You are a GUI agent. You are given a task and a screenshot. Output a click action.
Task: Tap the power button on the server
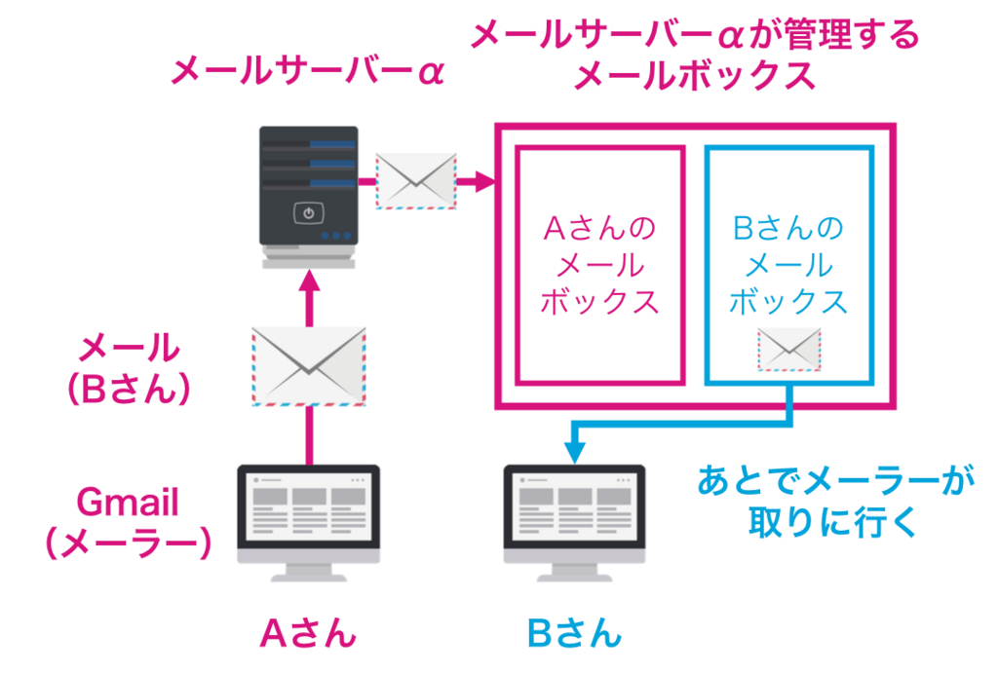click(x=308, y=212)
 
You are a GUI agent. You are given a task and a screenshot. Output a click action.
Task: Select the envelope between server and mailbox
click(x=416, y=181)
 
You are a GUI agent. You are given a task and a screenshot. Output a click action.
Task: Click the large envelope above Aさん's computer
click(x=308, y=366)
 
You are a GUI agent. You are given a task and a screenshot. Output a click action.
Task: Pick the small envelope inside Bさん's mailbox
click(x=789, y=350)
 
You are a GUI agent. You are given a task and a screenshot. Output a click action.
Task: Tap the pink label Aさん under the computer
click(x=308, y=634)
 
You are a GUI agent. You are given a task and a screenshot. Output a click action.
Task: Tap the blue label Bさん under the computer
click(x=574, y=634)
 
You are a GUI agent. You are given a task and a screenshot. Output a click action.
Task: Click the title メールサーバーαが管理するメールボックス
click(x=694, y=56)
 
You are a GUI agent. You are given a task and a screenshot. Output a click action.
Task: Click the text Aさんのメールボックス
click(x=600, y=265)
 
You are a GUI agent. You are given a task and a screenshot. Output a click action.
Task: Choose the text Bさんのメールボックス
click(x=788, y=265)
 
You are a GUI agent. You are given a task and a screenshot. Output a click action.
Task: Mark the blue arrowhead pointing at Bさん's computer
click(x=575, y=451)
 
